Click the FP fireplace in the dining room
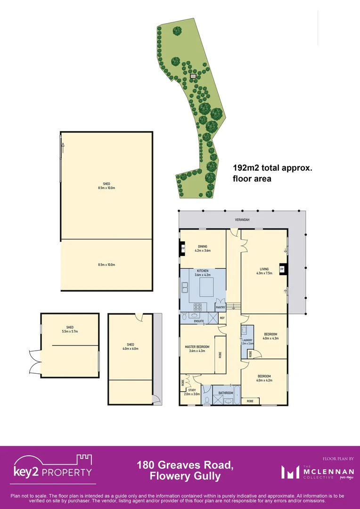[183, 248]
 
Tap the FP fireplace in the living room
[282, 269]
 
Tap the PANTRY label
[221, 307]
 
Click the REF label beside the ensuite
[222, 318]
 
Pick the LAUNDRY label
[248, 340]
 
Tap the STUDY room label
[192, 390]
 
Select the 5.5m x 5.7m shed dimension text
[70, 331]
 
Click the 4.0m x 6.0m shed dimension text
[131, 349]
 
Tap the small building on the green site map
[192, 75]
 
